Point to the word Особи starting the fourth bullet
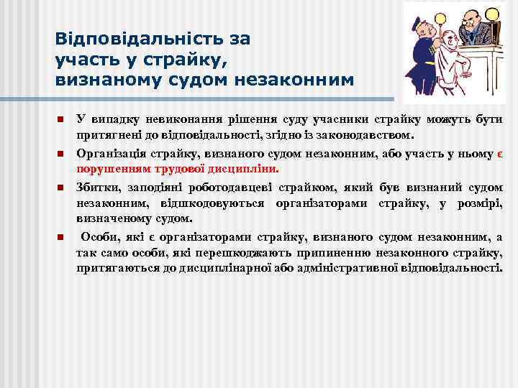(98, 236)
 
